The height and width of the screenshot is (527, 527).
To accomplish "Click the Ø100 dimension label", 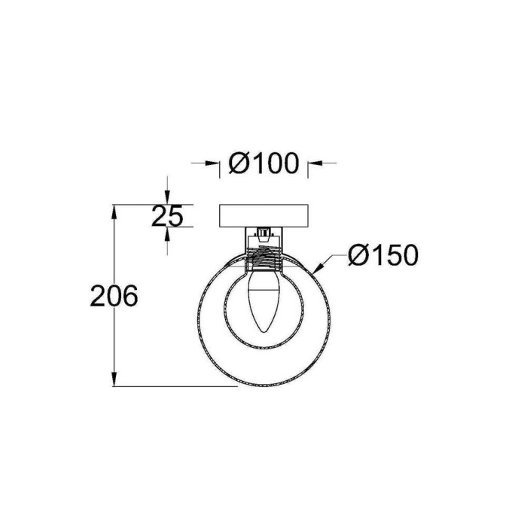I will (x=263, y=162).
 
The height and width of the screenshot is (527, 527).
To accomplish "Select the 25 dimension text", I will (x=167, y=216).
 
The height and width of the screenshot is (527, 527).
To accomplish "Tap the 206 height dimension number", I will (x=114, y=296).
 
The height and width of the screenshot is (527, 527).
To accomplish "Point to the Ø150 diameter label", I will (x=383, y=256).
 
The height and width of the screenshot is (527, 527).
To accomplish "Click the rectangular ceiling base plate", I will (x=263, y=216).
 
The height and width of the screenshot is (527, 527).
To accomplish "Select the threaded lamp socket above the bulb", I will (x=263, y=259).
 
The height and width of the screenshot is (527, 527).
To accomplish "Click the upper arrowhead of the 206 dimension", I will (x=114, y=212).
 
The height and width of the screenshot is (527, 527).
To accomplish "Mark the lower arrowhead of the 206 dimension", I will (x=114, y=379).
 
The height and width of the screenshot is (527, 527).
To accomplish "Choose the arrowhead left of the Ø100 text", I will (x=213, y=162).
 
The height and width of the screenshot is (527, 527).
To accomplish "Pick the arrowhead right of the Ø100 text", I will (x=314, y=162).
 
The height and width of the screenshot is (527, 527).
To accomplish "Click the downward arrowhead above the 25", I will (x=167, y=197).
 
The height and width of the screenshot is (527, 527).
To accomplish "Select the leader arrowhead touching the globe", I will (x=322, y=267).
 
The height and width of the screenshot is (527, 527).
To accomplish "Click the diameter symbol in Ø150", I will (x=359, y=256).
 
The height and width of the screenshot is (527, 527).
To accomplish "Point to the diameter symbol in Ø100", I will (x=237, y=162).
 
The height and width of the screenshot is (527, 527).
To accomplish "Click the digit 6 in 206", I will (x=129, y=296).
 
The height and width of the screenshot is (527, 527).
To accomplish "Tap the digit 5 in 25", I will (x=175, y=216).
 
